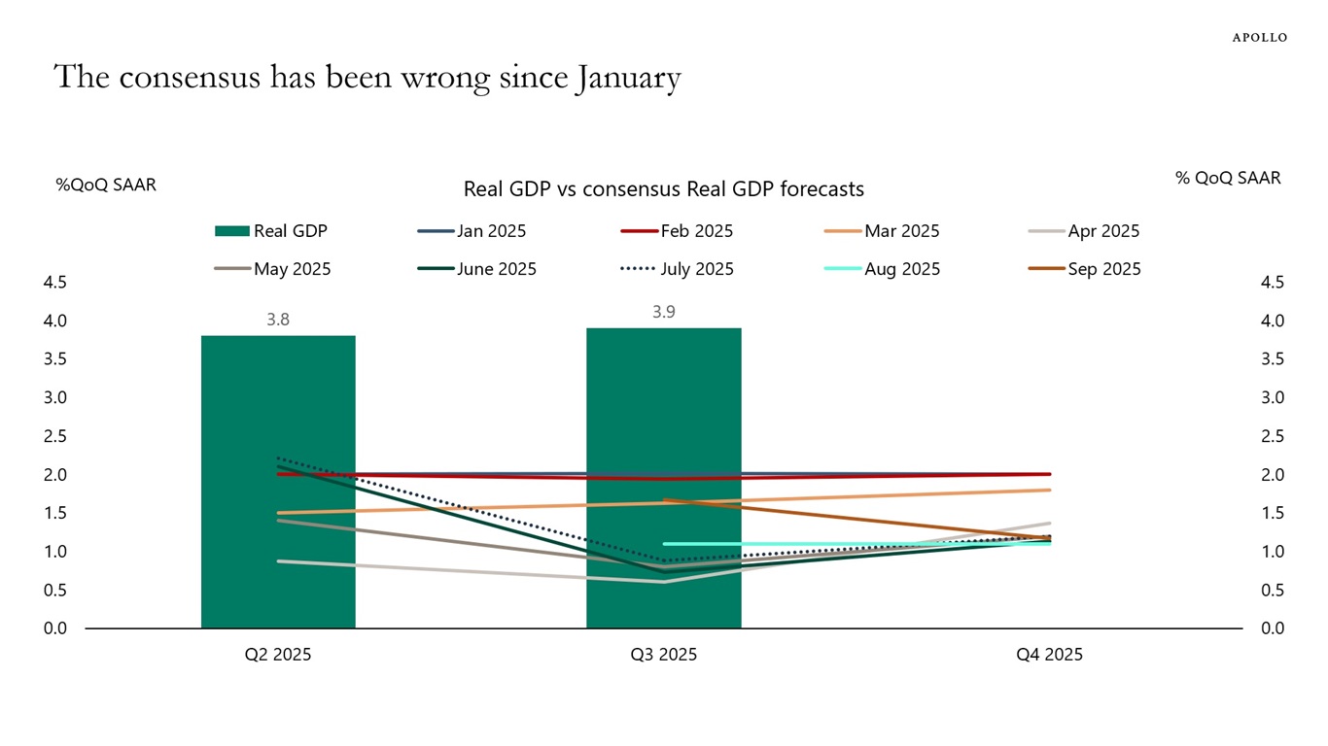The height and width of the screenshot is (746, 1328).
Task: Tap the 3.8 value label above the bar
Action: (278, 319)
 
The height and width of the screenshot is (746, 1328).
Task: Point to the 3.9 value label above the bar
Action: (664, 312)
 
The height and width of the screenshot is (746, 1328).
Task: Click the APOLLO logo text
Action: (1259, 38)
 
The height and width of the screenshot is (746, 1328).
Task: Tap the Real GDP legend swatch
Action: (231, 231)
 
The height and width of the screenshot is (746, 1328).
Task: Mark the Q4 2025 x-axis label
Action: (1049, 655)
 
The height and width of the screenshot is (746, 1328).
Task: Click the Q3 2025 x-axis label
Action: (664, 655)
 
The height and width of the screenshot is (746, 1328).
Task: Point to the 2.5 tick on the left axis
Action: (55, 436)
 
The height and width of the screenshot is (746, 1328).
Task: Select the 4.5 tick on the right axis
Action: (1273, 283)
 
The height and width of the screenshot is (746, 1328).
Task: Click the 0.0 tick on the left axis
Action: (55, 628)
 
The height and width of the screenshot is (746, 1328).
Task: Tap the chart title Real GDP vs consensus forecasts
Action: (664, 188)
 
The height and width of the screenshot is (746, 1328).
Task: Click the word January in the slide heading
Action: (628, 78)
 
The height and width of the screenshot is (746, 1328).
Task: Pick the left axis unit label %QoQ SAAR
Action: (106, 184)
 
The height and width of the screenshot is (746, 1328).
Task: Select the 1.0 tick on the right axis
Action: (1273, 552)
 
